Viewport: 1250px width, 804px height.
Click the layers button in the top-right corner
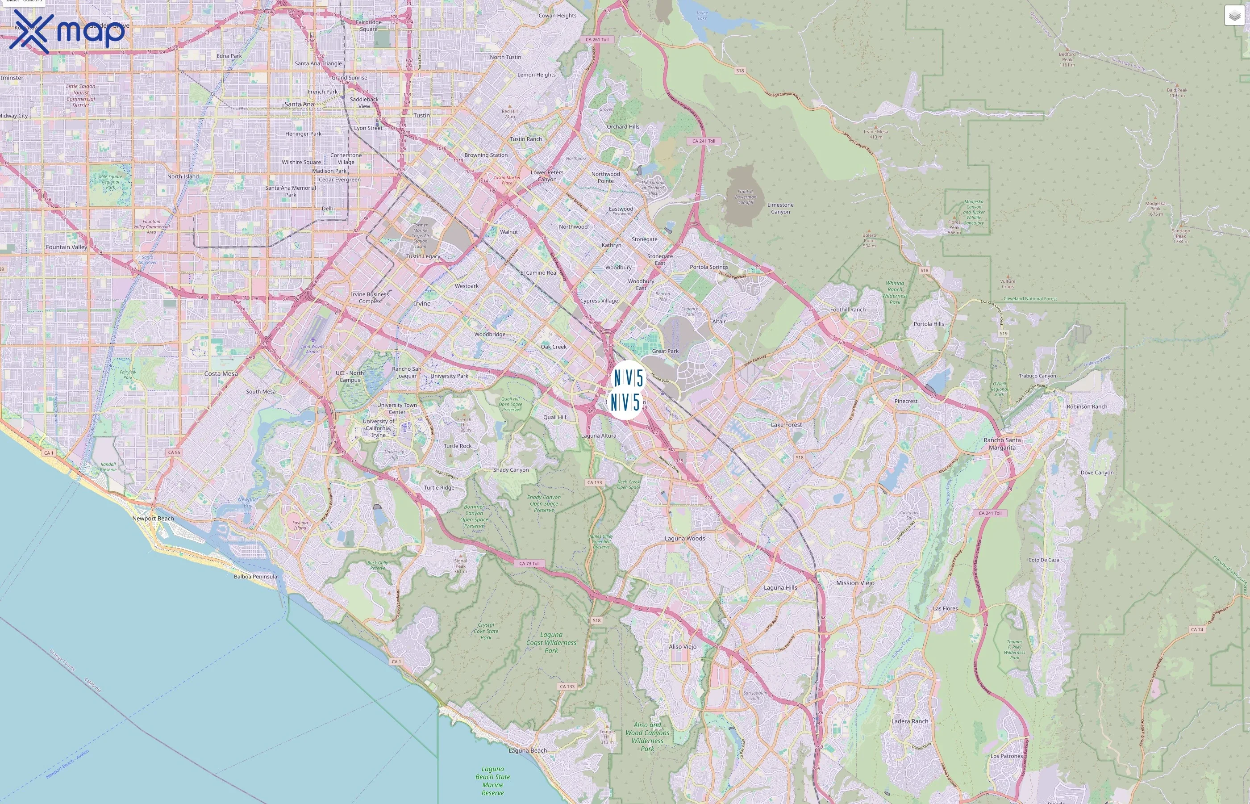coord(1234,16)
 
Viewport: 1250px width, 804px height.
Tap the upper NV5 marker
coord(628,377)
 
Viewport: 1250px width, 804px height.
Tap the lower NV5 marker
coord(625,402)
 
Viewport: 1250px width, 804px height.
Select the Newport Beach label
coord(153,519)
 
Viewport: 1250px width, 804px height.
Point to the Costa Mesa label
coord(221,374)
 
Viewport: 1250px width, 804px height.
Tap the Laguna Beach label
coord(527,750)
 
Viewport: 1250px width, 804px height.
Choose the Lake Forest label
coord(786,425)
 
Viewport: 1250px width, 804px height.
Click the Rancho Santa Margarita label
coord(1002,444)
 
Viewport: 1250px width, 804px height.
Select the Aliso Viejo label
coord(683,646)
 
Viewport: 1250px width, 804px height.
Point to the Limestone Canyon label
coord(780,208)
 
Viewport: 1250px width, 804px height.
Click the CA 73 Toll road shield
coord(529,563)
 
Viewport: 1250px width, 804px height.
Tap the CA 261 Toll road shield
coord(597,40)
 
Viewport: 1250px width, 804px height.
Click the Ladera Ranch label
coord(910,721)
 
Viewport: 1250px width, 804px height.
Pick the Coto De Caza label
coord(1043,560)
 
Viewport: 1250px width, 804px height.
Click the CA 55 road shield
coord(174,452)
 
